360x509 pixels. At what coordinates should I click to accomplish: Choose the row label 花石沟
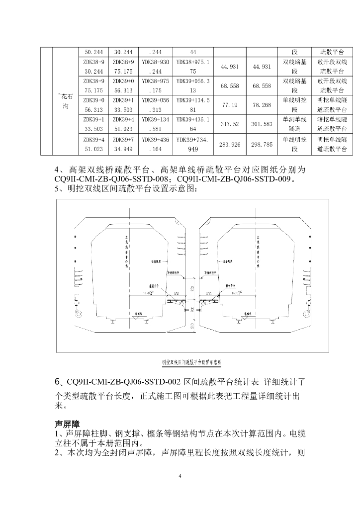coord(66,101)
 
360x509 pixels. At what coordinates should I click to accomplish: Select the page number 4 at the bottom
coord(180,477)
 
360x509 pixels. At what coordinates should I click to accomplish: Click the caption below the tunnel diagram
coord(180,362)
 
